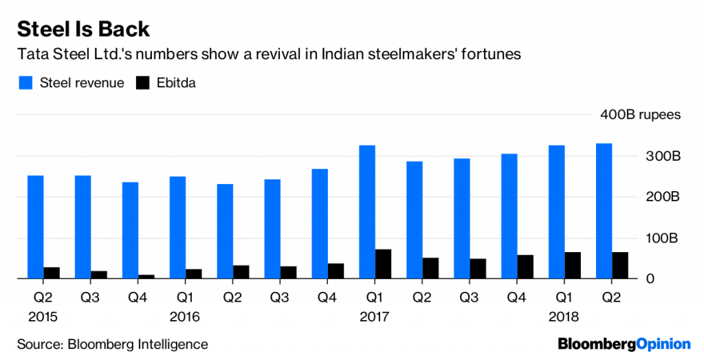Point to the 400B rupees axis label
(640, 115)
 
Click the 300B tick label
(664, 156)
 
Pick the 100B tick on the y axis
(664, 238)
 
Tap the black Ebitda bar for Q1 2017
(384, 264)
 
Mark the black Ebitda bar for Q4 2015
(147, 277)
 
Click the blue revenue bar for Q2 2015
(36, 227)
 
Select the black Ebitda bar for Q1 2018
(572, 265)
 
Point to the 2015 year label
(43, 317)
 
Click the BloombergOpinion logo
(624, 343)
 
